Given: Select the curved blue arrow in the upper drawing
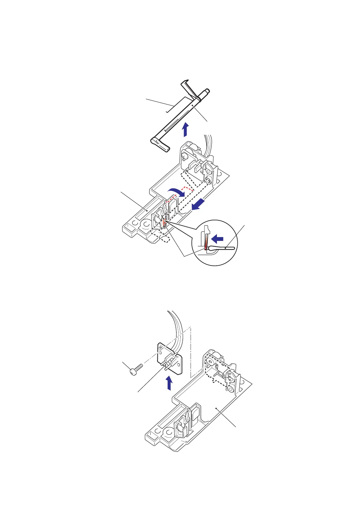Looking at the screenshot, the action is click(x=176, y=193).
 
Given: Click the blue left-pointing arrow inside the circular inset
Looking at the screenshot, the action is click(x=218, y=239).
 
